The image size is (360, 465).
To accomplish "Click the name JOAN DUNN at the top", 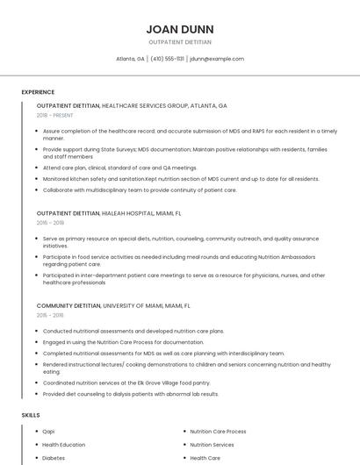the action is pyautogui.click(x=179, y=29).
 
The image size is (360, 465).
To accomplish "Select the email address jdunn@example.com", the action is pyautogui.click(x=217, y=59).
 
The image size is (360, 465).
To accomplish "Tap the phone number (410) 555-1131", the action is pyautogui.click(x=167, y=59).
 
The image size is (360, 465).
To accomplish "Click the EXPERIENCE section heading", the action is pyautogui.click(x=38, y=92).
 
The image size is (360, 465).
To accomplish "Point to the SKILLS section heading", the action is pyautogui.click(x=31, y=414).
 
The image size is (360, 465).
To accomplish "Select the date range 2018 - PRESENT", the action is pyautogui.click(x=55, y=115).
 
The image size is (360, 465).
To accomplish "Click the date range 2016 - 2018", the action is pyautogui.click(x=49, y=223).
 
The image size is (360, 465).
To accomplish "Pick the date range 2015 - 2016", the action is pyautogui.click(x=49, y=315).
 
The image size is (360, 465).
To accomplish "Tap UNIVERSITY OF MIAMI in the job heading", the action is pyautogui.click(x=135, y=304).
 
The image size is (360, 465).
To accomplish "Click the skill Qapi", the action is pyautogui.click(x=48, y=432).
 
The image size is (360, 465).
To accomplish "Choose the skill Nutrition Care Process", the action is pyautogui.click(x=218, y=432).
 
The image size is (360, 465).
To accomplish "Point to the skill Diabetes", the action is pyautogui.click(x=54, y=458).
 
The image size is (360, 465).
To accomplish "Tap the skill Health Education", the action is pyautogui.click(x=64, y=445).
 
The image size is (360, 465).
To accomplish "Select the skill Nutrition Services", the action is pyautogui.click(x=212, y=445).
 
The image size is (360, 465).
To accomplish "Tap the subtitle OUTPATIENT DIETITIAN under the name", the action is pyautogui.click(x=179, y=41).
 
